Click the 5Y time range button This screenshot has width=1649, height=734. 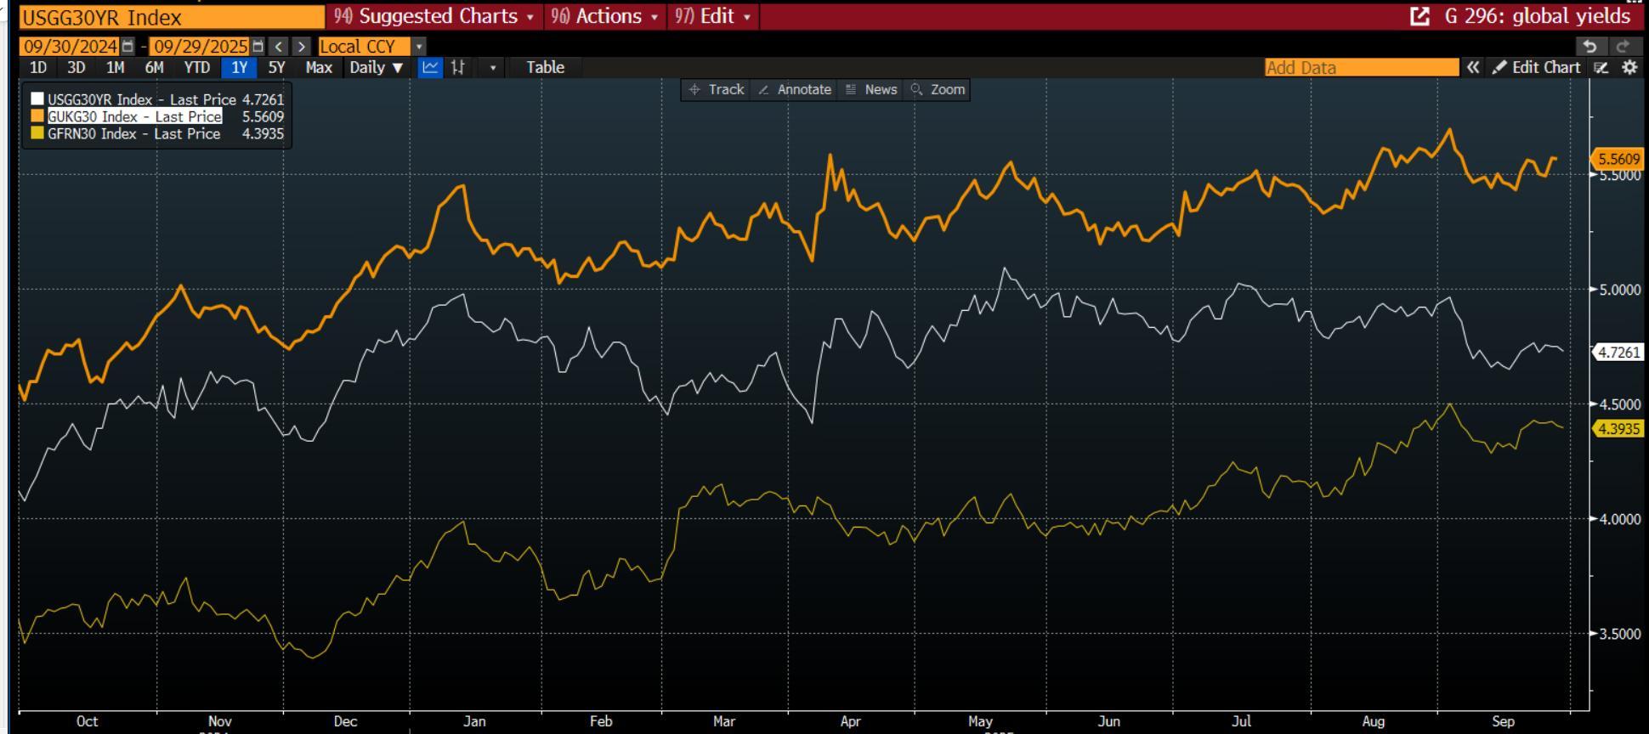[x=276, y=68]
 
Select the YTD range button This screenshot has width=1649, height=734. [x=196, y=68]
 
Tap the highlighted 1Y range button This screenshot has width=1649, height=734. [x=239, y=68]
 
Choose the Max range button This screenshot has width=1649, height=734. [x=319, y=68]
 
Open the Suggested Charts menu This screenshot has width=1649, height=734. [x=434, y=16]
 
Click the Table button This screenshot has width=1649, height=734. [x=545, y=68]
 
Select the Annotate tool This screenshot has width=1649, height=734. [x=795, y=89]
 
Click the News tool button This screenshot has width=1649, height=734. [x=872, y=89]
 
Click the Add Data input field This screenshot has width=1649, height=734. [x=1360, y=68]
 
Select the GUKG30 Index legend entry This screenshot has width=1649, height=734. [x=134, y=116]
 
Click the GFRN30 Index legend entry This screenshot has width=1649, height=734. [x=133, y=133]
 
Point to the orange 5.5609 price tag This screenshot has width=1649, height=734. [x=1618, y=159]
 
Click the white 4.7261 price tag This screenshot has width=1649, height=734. [x=1618, y=352]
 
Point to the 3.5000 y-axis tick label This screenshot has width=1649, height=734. [x=1618, y=634]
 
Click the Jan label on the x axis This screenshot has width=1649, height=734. [x=474, y=721]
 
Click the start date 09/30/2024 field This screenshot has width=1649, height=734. [x=71, y=46]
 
